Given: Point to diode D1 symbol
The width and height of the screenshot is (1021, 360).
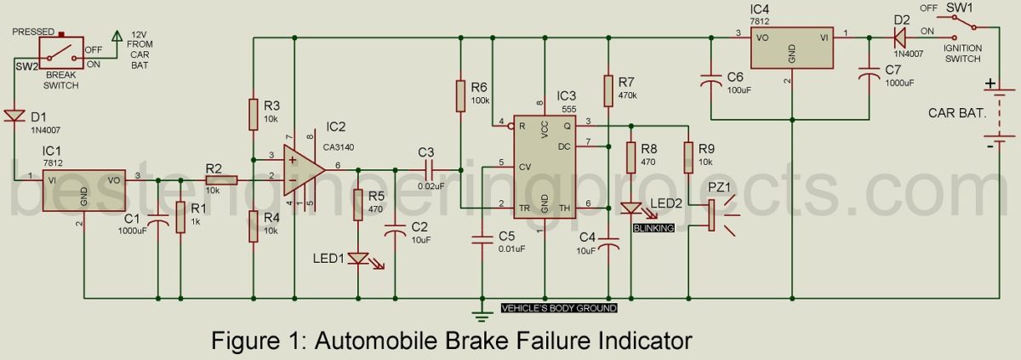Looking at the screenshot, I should click(x=14, y=116).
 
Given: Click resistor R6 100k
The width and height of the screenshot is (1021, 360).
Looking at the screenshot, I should click(x=460, y=95).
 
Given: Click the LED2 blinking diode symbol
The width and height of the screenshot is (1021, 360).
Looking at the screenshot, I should click(x=631, y=208).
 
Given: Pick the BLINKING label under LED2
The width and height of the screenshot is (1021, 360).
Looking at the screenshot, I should click(x=653, y=228).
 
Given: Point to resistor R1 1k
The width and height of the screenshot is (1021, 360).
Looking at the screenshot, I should click(x=180, y=217).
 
